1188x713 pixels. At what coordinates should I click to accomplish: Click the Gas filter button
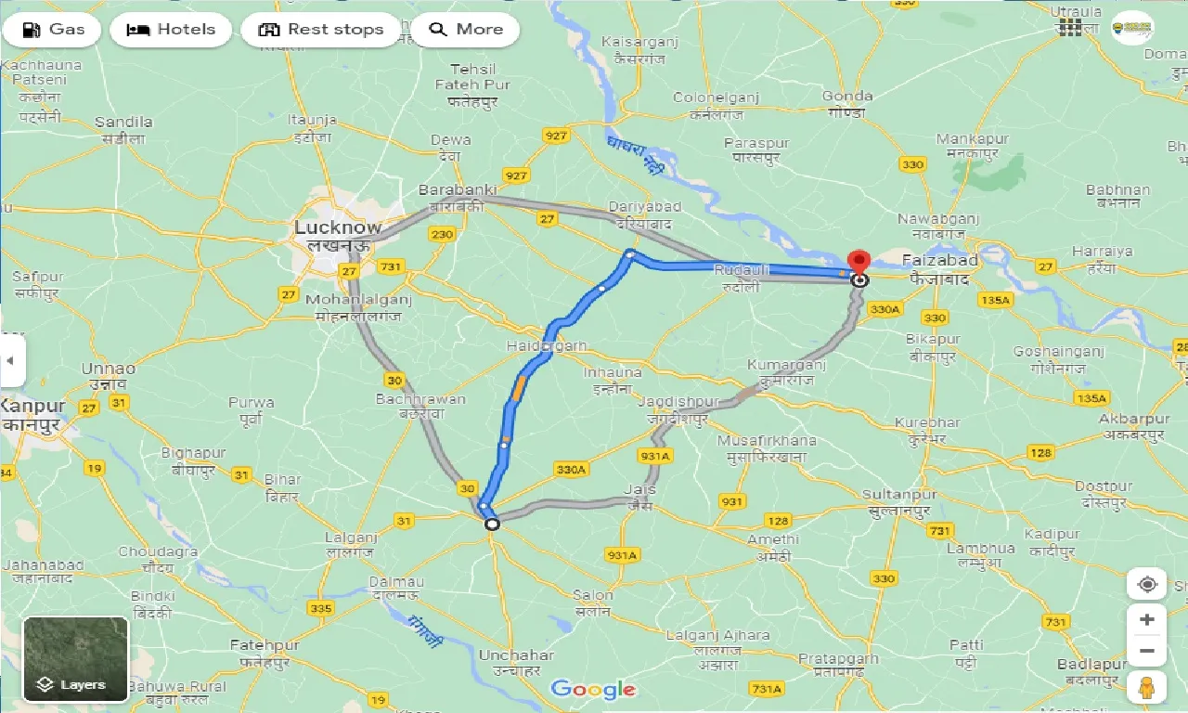[53, 30]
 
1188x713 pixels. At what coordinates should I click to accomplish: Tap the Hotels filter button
[171, 30]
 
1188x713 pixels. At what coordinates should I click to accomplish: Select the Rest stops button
[321, 30]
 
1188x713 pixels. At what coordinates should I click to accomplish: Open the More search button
[465, 30]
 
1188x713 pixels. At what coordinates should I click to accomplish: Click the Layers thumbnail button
[76, 659]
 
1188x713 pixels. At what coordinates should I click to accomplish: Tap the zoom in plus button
[1147, 619]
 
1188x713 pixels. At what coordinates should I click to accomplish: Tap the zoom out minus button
[1147, 651]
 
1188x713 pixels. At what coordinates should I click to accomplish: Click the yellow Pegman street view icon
[1147, 688]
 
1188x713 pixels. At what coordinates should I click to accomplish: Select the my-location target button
[1147, 585]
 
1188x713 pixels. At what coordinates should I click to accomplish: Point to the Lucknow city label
[337, 227]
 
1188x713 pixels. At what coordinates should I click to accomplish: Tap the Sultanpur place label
[899, 494]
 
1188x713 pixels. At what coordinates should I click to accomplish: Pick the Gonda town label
[846, 96]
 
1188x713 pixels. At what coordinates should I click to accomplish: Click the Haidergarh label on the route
[547, 345]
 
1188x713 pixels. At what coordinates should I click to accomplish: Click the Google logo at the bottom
[593, 689]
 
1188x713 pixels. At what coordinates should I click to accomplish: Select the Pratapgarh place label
[838, 659]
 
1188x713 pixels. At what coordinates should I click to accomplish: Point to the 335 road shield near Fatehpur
[320, 608]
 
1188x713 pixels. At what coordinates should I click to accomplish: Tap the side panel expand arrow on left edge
[11, 361]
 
